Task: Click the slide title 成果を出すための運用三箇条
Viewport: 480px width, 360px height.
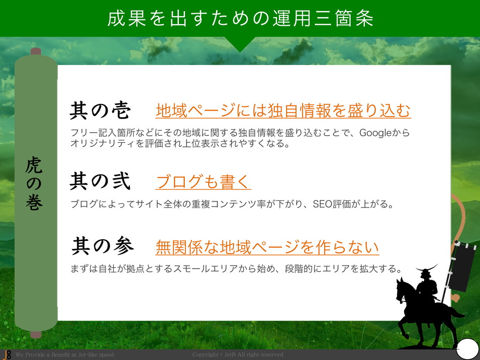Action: [241, 18]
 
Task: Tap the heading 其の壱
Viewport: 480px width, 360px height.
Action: [100, 110]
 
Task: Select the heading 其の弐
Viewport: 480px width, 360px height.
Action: [100, 181]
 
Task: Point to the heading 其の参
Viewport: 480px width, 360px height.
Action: [103, 245]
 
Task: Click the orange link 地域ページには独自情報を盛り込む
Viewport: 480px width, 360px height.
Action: [283, 111]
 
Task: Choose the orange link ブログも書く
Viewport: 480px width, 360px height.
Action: [203, 182]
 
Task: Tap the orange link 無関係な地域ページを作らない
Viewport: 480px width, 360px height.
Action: [267, 247]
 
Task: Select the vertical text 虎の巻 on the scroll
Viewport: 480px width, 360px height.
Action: [34, 183]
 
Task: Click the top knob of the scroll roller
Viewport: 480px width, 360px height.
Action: [36, 51]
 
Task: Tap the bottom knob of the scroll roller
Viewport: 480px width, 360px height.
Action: [36, 334]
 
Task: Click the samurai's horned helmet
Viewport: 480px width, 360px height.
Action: [426, 271]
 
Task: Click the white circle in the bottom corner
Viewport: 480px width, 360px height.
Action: [467, 349]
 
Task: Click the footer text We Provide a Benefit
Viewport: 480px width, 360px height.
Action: [65, 355]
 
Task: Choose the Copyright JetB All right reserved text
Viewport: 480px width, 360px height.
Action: [237, 355]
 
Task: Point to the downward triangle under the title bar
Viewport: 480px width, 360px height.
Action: [241, 44]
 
